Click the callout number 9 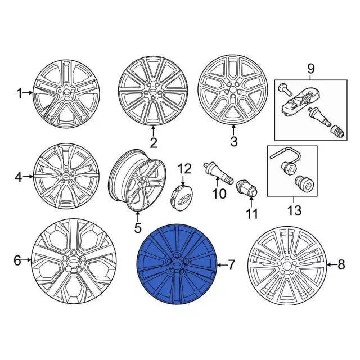tap(310, 69)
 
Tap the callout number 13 tap(294, 210)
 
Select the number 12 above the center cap tap(185, 169)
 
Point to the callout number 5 tap(137, 228)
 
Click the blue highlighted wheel tap(177, 264)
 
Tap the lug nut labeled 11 tap(247, 188)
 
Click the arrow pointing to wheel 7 tap(222, 265)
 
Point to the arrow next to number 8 tap(331, 265)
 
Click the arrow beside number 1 tap(28, 93)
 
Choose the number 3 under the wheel tap(234, 141)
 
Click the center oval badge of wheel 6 tap(74, 261)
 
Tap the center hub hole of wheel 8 tap(286, 266)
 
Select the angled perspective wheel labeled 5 tap(137, 180)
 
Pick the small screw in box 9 tap(285, 90)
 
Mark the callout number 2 tap(154, 142)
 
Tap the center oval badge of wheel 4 tap(66, 176)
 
